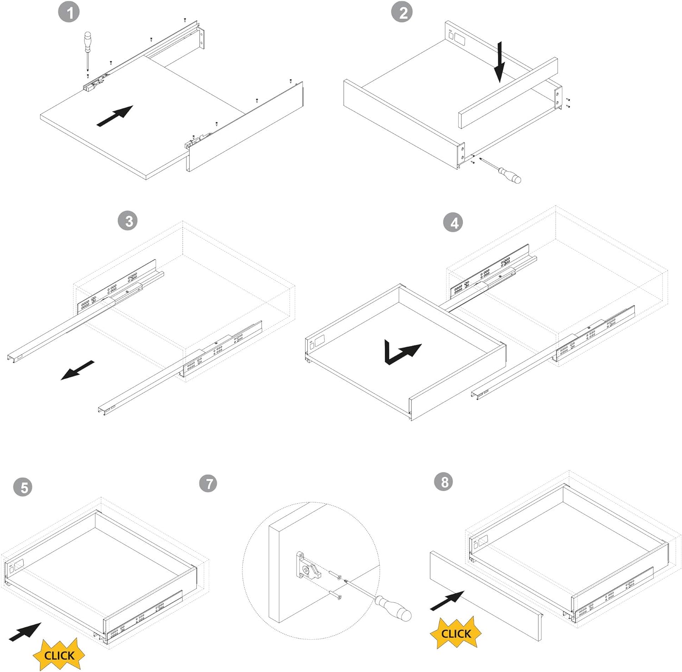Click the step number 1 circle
coord(69,12)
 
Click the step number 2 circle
coord(402,12)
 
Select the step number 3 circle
coord(129,221)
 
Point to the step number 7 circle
coord(208,483)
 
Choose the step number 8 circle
coord(444,482)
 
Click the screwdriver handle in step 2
coord(510,175)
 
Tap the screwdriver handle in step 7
coord(393,609)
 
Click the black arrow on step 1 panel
coord(115,116)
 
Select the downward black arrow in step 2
coord(500,62)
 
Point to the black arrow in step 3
coord(77,371)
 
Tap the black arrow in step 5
coord(25,632)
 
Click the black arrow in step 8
coord(447,601)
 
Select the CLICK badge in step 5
coord(59,655)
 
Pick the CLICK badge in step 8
coord(456,633)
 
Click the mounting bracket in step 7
coord(308,566)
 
